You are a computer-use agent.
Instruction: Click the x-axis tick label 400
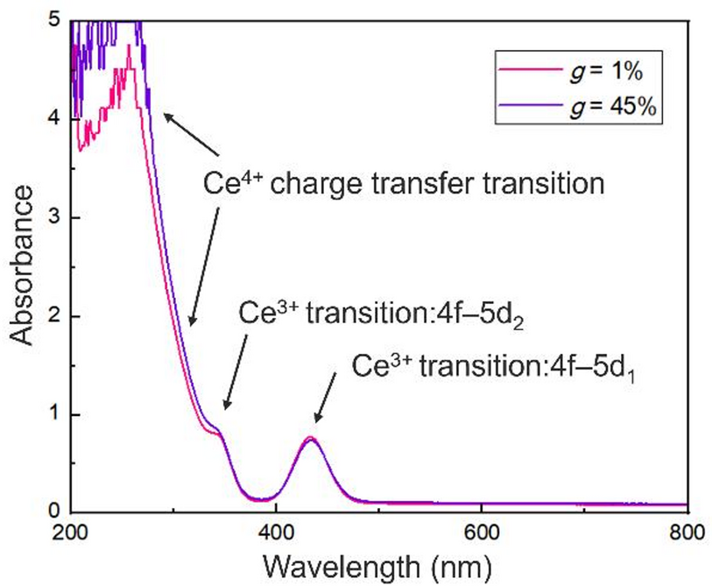tap(276, 531)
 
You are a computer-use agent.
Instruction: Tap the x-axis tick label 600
tap(481, 531)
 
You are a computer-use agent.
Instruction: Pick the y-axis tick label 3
tap(53, 217)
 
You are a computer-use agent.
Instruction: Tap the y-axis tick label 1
tap(53, 414)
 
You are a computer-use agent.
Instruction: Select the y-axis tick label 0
tap(53, 512)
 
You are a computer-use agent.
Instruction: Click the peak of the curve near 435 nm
tap(310, 438)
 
